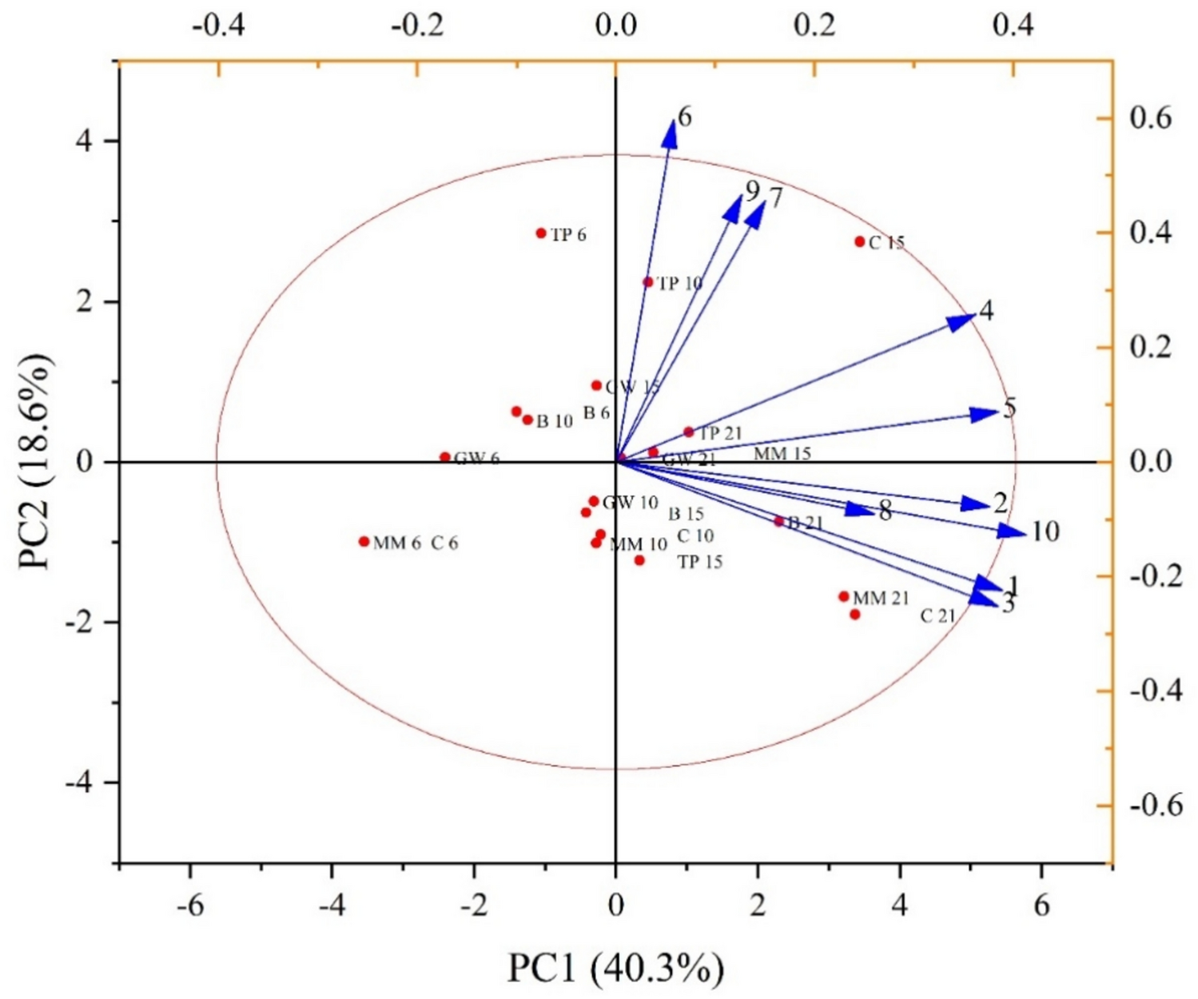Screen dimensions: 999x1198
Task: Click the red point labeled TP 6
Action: tap(541, 233)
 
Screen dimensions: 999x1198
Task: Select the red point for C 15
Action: tap(860, 241)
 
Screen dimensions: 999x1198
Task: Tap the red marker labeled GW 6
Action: tap(445, 457)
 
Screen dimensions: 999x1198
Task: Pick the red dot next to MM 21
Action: tap(844, 596)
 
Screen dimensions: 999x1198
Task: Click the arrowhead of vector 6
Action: tap(671, 133)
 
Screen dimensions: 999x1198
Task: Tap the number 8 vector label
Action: tap(885, 511)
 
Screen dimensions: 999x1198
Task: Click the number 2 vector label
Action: tap(1000, 503)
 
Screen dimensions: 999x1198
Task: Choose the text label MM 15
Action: tap(782, 454)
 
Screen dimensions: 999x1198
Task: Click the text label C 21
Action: tap(937, 616)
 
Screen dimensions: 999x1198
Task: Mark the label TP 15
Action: tap(700, 563)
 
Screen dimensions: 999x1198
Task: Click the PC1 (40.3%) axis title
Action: tap(615, 969)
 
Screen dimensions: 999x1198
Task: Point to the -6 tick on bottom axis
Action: tap(189, 905)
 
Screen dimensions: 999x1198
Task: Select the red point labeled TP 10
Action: tap(648, 282)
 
